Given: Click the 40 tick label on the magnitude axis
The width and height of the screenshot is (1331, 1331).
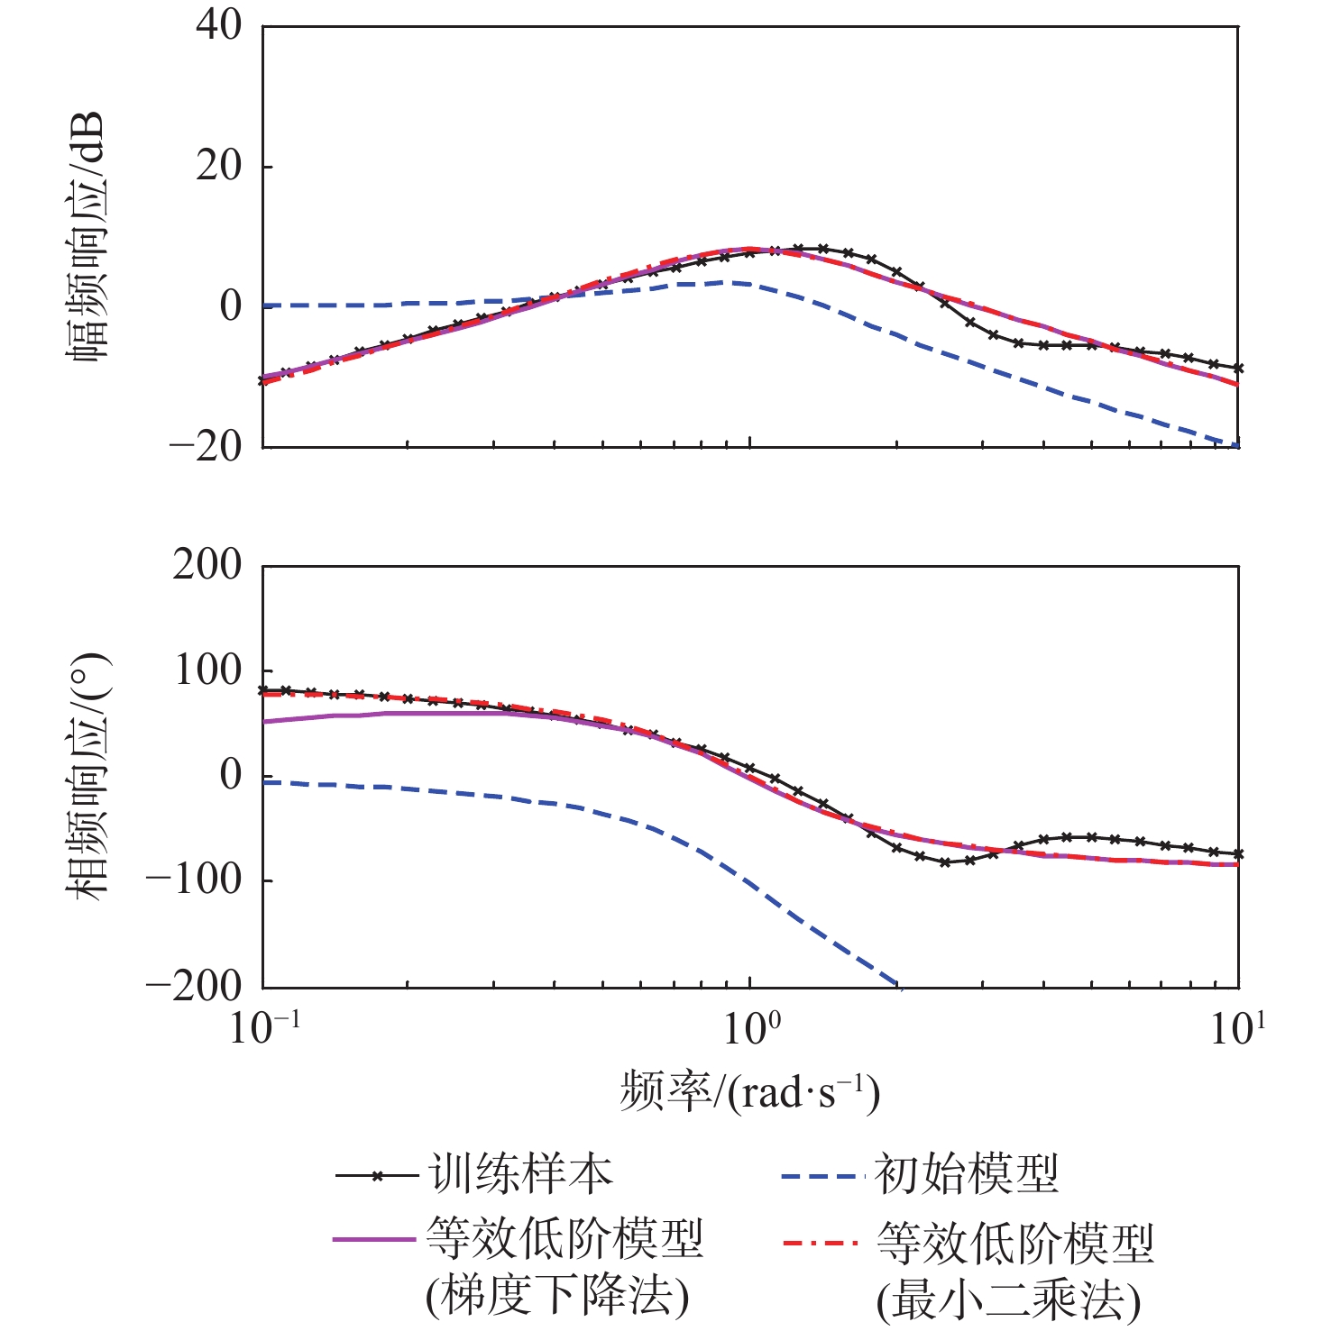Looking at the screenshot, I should point(219,25).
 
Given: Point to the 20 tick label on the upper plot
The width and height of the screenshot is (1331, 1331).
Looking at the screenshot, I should point(219,166).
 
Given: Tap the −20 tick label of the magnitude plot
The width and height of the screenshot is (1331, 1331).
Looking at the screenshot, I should point(206,446).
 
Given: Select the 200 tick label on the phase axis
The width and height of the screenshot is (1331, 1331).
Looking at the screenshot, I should point(207,566).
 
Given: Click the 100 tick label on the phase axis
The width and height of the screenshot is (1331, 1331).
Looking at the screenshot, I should point(207,670).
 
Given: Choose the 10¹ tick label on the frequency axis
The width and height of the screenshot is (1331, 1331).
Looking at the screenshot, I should point(1238,1027).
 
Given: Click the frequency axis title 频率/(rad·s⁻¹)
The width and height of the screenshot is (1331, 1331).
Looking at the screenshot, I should point(749,1092).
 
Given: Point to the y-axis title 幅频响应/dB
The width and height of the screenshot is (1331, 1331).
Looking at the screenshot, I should point(87,236).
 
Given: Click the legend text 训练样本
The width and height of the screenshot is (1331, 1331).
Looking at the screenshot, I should point(521,1174).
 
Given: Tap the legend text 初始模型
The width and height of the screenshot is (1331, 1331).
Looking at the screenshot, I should point(967,1174).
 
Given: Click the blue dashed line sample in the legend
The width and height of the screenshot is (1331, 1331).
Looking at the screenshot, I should point(817,1176).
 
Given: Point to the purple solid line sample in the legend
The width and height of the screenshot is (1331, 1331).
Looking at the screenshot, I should point(373,1240).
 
